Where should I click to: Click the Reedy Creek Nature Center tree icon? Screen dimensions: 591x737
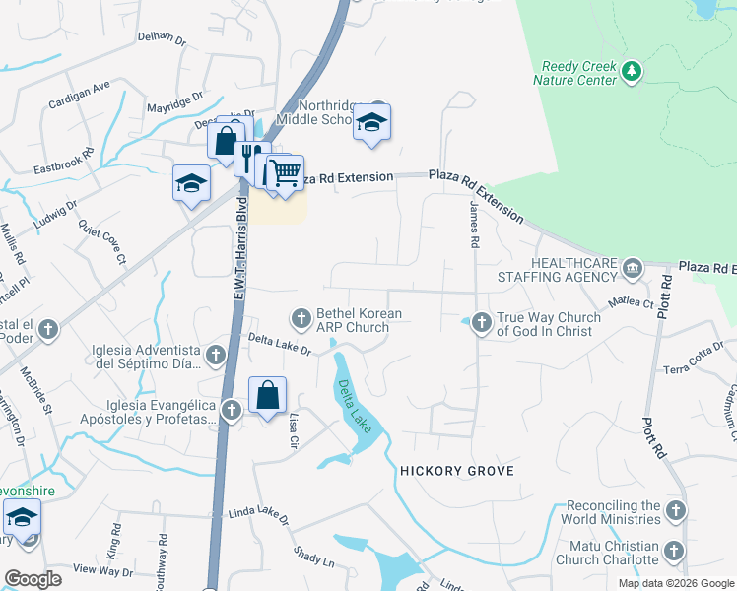[x=632, y=71]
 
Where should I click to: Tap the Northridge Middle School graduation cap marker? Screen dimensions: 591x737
[x=371, y=122]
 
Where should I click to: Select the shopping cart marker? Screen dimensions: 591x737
[x=285, y=173]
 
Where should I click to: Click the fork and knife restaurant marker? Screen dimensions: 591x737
[x=251, y=158]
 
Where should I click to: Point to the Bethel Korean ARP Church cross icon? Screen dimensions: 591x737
[x=301, y=317]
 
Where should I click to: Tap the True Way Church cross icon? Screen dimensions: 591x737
[x=482, y=321]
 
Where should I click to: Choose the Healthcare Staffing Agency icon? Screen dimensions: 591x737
[x=632, y=267]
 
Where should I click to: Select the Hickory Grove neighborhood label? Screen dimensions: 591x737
[x=456, y=471]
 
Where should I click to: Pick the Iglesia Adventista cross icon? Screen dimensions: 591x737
[x=217, y=353]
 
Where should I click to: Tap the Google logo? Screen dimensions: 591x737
[x=33, y=578]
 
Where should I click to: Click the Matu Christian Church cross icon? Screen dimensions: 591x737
[x=675, y=551]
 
